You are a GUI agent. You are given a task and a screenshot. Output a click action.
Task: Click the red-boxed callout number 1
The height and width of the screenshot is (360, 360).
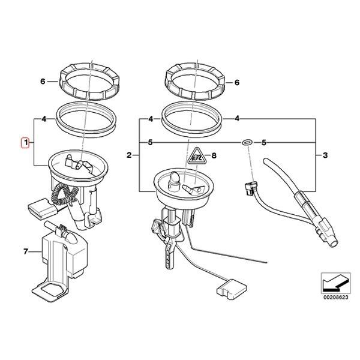pyautogui.click(x=25, y=143)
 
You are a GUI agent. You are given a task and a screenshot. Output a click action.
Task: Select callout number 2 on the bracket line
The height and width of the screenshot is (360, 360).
pyautogui.click(x=129, y=155)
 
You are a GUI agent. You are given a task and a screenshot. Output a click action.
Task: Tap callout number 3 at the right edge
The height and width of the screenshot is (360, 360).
pyautogui.click(x=325, y=155)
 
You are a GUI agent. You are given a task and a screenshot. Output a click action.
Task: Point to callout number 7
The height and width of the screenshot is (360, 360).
pyautogui.click(x=26, y=251)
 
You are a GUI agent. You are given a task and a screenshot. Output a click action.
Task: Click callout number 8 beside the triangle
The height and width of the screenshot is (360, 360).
pyautogui.click(x=215, y=157)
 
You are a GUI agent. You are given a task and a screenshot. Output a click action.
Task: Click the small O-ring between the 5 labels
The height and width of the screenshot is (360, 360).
pyautogui.click(x=246, y=143)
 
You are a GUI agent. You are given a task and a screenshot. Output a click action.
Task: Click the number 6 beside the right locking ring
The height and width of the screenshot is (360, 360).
pyautogui.click(x=237, y=83)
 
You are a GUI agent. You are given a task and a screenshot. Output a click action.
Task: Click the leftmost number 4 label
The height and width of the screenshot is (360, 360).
pyautogui.click(x=44, y=119)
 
